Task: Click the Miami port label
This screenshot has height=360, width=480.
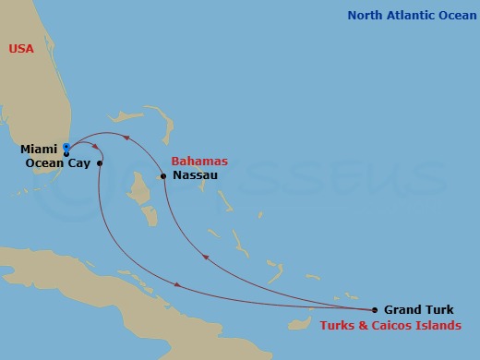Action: (x=40, y=149)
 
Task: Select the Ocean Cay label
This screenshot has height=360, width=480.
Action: (x=57, y=162)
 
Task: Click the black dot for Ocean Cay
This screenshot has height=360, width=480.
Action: (x=100, y=163)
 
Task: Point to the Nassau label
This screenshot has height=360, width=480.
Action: (x=195, y=175)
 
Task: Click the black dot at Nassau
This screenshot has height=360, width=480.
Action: (x=163, y=175)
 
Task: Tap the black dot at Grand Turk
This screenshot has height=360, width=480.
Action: (x=375, y=310)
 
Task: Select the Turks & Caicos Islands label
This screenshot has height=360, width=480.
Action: (x=390, y=326)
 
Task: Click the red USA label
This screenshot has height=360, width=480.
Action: (x=21, y=49)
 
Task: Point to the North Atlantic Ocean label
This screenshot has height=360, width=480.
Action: (x=410, y=16)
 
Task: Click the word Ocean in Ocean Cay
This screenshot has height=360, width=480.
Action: (x=43, y=162)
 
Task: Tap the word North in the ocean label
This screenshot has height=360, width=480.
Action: (x=366, y=16)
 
